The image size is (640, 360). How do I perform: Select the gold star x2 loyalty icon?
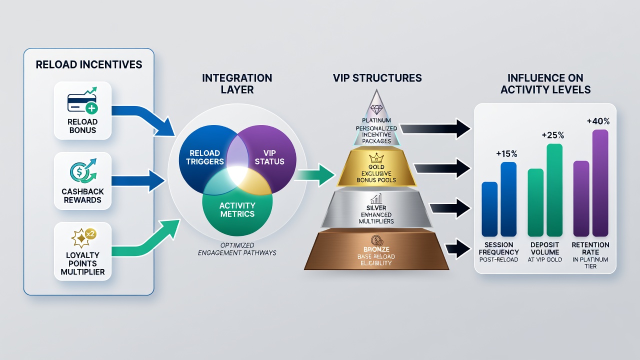pos(83,237)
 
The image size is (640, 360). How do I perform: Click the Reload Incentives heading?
pos(89,64)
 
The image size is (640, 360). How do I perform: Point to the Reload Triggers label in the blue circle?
pos(205,157)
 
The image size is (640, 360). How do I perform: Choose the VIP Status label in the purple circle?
pos(269,157)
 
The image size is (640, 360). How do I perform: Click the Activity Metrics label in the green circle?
pos(237,209)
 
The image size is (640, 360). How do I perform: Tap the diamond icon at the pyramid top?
pos(376,109)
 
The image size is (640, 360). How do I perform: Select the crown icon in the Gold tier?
pos(376,157)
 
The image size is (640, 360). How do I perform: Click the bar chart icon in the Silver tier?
pos(376,199)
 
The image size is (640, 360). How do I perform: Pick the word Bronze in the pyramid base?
pos(376,249)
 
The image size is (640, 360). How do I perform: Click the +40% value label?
pos(598,121)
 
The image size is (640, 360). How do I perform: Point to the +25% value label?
pos(553,135)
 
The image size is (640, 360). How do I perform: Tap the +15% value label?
pos(506,154)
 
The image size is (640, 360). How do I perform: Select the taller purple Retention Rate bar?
pos(600,183)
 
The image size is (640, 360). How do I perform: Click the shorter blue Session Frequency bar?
pos(489,209)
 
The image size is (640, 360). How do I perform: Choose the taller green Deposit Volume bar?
pos(554,190)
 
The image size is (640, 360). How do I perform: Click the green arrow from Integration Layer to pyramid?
pos(314,175)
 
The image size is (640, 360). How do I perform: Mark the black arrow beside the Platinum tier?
pos(435,129)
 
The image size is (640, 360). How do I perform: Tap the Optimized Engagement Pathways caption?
pos(237,249)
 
